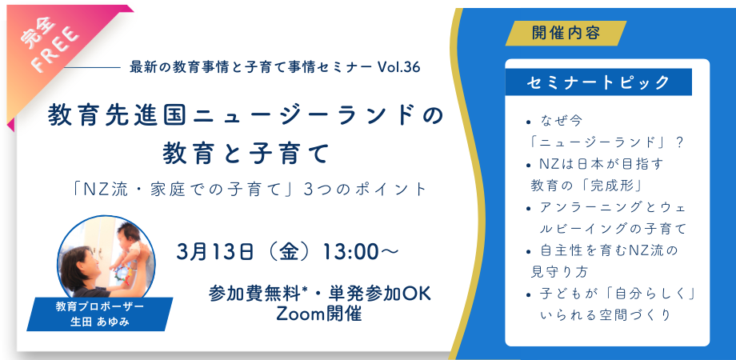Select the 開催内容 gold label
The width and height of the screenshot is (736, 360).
(x=566, y=34)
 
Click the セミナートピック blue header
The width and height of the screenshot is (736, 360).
(x=598, y=82)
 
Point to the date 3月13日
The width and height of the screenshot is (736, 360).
(x=215, y=252)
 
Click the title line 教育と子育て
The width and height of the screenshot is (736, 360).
(x=245, y=154)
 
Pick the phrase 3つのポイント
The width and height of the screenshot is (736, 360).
(x=365, y=189)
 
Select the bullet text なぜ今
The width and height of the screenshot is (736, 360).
(x=561, y=122)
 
